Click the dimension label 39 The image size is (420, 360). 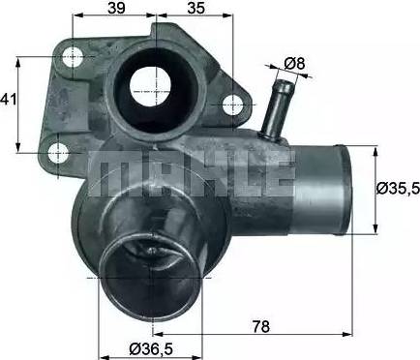(116, 8)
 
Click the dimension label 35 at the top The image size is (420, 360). (196, 8)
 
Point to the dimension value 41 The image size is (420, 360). (9, 99)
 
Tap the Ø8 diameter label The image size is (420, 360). (294, 64)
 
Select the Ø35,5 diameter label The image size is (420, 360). (399, 188)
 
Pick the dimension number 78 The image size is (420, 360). (260, 326)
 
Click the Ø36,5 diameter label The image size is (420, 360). (151, 347)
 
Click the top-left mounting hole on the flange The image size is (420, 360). (73, 57)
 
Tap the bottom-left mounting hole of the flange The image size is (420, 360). (58, 153)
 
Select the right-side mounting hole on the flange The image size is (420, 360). (232, 105)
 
